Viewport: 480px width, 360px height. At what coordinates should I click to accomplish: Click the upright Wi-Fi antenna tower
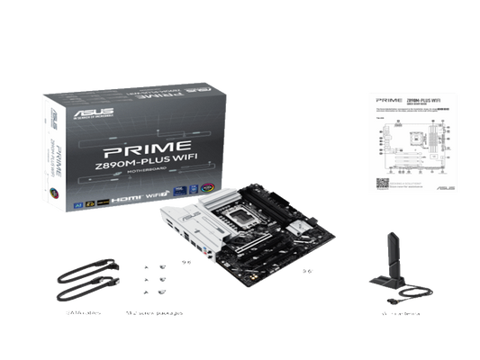pyautogui.click(x=394, y=257)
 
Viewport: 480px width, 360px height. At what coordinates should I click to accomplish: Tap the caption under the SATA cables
pyautogui.click(x=77, y=313)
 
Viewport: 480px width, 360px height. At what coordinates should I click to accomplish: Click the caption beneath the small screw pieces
pyautogui.click(x=155, y=313)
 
